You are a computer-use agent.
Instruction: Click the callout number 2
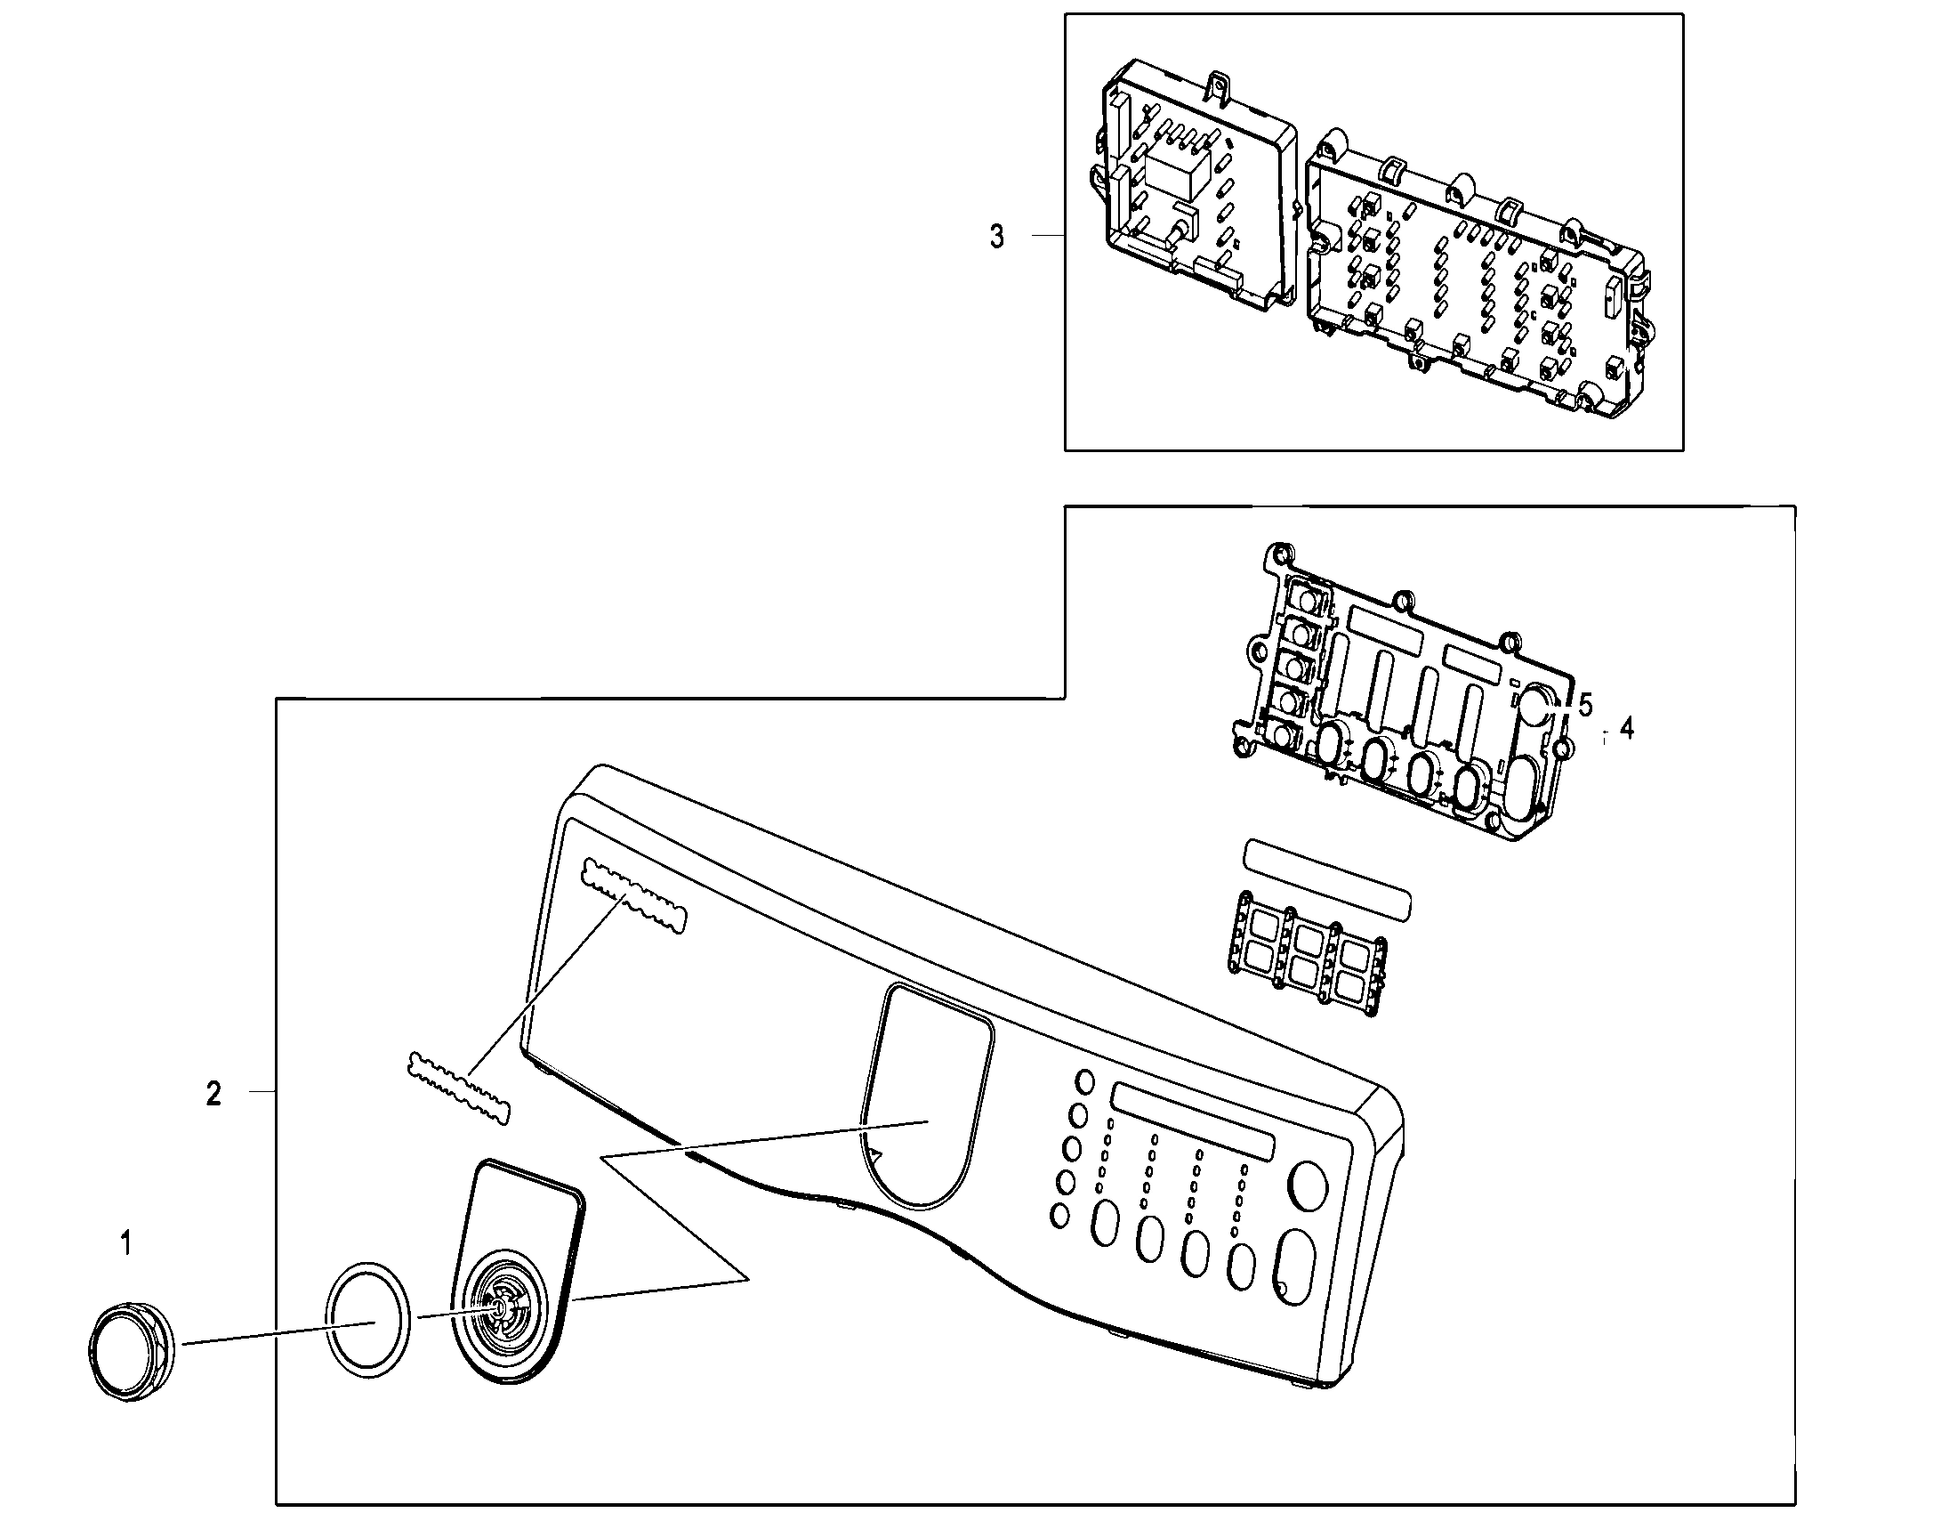pyautogui.click(x=213, y=1094)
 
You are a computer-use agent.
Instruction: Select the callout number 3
pyautogui.click(x=996, y=237)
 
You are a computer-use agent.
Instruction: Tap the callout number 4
pyautogui.click(x=1626, y=729)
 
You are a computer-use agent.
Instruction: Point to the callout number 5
pyautogui.click(x=1585, y=705)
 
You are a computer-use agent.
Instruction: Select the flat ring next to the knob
pyautogui.click(x=369, y=1320)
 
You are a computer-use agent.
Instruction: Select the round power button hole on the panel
pyautogui.click(x=1308, y=1185)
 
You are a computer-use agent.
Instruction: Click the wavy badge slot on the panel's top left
pyautogui.click(x=633, y=896)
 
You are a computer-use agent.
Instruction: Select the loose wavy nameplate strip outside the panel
pyautogui.click(x=458, y=1088)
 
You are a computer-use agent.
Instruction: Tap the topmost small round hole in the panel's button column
pyautogui.click(x=1084, y=1082)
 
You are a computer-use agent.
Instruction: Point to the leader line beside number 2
pyautogui.click(x=262, y=1091)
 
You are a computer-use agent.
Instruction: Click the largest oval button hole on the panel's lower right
pyautogui.click(x=1295, y=1267)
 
